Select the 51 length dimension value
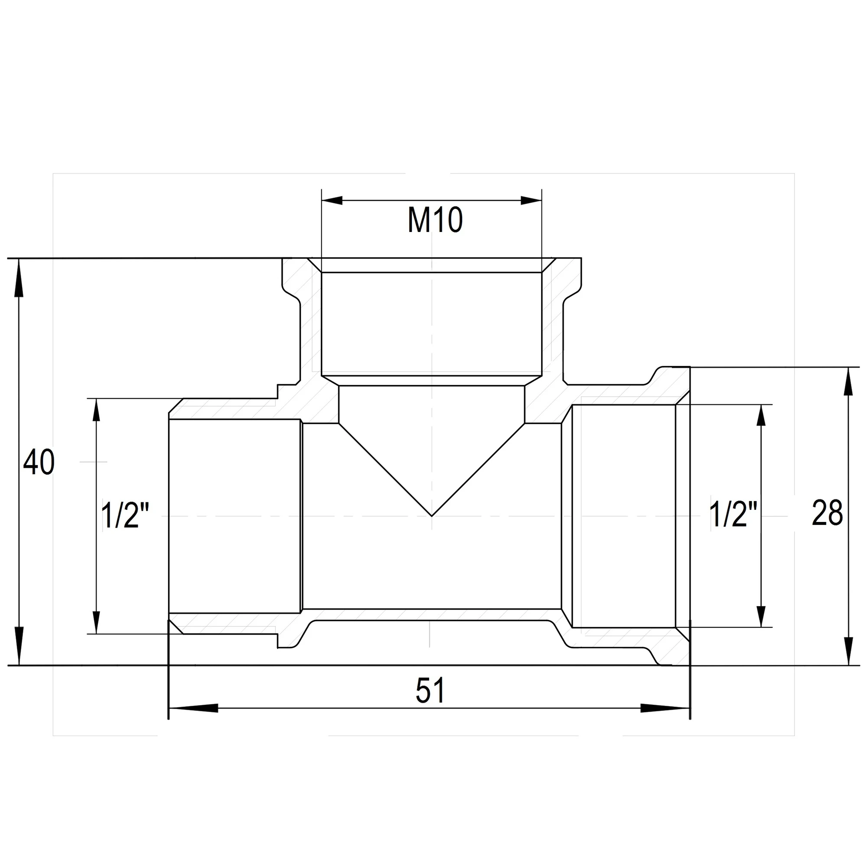point(430,691)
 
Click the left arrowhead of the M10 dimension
point(332,201)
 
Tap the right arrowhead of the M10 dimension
point(531,201)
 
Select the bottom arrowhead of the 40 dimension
point(18,646)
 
